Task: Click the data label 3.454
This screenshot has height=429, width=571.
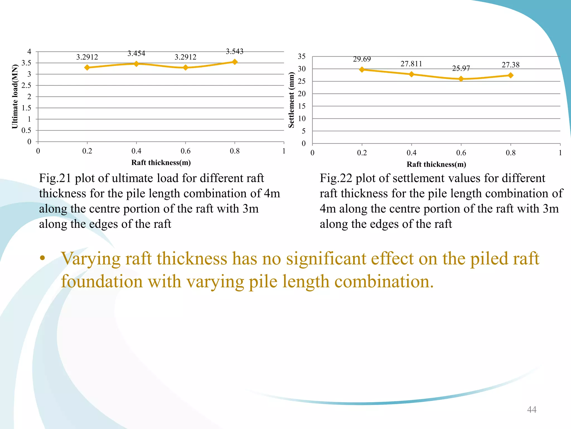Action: [136, 53]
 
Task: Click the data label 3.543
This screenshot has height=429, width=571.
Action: [234, 51]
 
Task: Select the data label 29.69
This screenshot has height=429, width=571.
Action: [362, 59]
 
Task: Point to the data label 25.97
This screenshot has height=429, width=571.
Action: [461, 68]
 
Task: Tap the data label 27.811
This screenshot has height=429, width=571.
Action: [411, 64]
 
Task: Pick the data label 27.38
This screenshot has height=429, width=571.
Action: [510, 65]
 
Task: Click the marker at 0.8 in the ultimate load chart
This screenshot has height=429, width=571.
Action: [235, 62]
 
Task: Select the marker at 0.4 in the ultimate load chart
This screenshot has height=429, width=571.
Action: [136, 64]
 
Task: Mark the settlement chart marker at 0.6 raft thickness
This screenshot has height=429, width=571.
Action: [461, 79]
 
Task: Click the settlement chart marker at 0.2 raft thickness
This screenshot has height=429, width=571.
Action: [362, 69]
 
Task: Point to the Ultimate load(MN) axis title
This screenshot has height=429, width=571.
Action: [15, 97]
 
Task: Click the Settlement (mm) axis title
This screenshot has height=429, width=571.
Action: [291, 100]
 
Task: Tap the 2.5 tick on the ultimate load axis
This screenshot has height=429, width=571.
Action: [26, 85]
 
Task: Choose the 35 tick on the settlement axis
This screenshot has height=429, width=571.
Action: [302, 56]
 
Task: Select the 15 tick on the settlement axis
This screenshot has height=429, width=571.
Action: [302, 106]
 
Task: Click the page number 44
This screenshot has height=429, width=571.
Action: [532, 409]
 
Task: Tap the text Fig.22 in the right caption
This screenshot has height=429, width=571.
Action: [336, 178]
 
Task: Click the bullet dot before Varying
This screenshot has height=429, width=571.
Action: [42, 258]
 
